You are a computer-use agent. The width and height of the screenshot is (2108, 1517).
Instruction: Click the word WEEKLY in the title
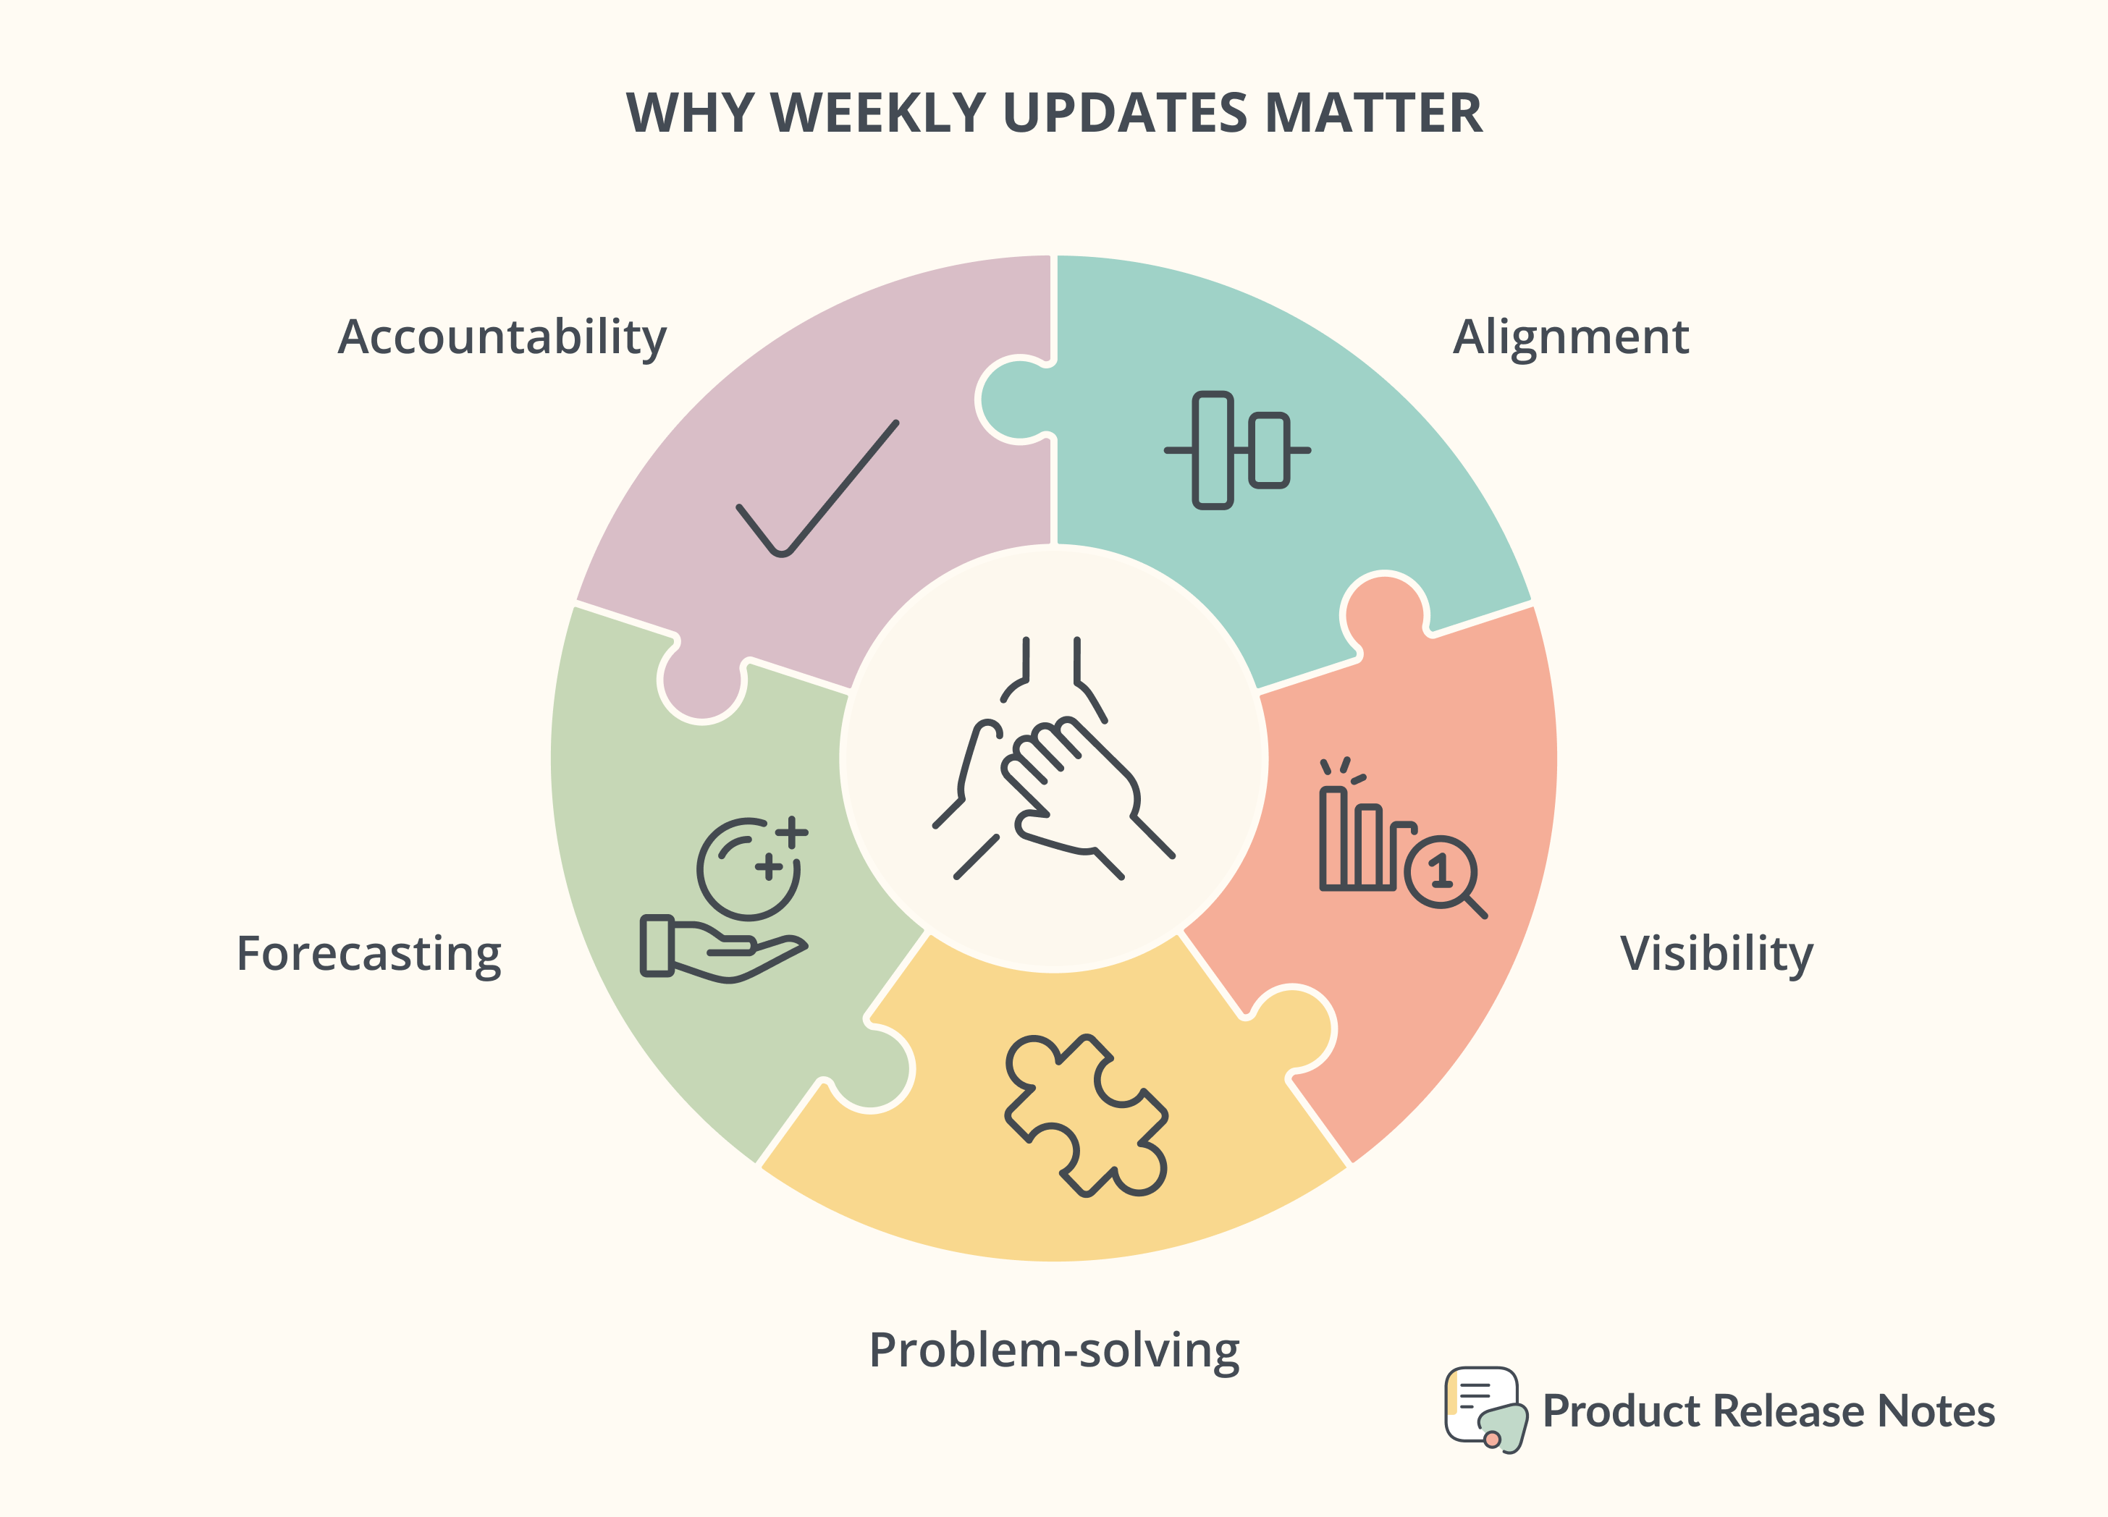(x=878, y=114)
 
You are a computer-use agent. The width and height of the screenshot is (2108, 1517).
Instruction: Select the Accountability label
(x=502, y=337)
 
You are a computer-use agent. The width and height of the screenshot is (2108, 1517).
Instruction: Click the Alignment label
(x=1571, y=337)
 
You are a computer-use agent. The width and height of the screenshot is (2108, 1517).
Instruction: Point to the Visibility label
(x=1716, y=954)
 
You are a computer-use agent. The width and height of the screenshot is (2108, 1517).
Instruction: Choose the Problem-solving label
(x=1054, y=1351)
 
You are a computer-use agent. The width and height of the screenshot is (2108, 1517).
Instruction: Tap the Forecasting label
(x=369, y=954)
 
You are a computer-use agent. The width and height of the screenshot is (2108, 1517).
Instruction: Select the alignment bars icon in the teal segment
(x=1237, y=450)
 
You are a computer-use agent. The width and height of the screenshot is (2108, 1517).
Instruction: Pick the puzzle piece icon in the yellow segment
(x=1086, y=1115)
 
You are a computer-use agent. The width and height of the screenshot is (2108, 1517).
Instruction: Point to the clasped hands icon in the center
(x=1054, y=758)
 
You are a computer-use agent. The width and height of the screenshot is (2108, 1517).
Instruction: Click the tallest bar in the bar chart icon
(x=1333, y=837)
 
